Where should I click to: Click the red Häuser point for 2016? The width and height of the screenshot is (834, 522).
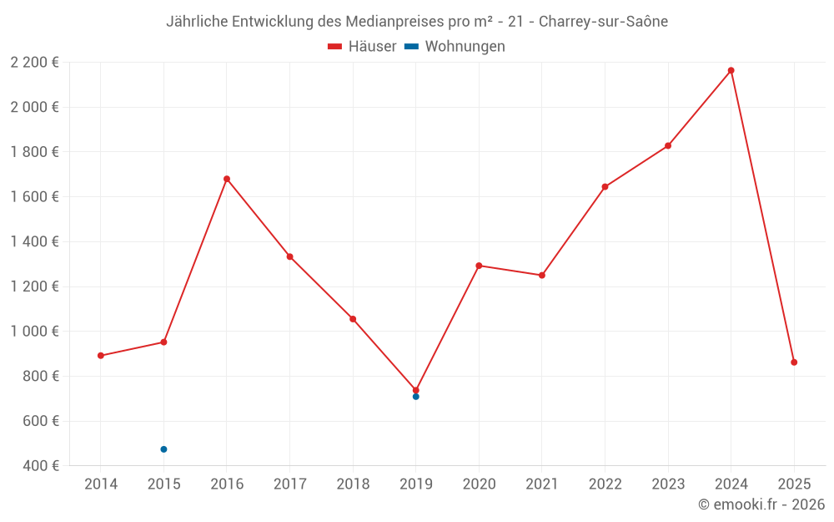pos(227,179)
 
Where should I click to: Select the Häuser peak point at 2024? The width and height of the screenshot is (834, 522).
pos(731,70)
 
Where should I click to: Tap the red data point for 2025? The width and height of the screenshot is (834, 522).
pos(794,362)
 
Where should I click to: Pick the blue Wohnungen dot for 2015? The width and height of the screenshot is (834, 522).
pos(163,449)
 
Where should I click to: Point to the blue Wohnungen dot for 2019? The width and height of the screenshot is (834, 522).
pos(415,397)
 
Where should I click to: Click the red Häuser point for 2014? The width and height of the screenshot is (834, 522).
pos(101,356)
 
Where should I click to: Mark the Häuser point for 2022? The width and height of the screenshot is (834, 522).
pos(605,187)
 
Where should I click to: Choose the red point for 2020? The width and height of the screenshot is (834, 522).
pos(479,266)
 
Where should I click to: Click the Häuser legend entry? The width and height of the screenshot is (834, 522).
pos(362,47)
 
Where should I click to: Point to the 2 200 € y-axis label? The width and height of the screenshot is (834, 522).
pos(34,63)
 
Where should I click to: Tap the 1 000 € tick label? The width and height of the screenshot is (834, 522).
pos(34,332)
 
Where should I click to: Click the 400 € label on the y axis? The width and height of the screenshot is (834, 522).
pos(39,466)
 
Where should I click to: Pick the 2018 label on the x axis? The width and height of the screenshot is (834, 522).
pos(353,484)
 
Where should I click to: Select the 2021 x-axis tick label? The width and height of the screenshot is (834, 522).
pos(542,484)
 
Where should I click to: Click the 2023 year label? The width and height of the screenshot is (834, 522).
pos(668,484)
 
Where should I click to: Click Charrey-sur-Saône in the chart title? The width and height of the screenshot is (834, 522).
pos(603,22)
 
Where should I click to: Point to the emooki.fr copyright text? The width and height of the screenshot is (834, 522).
pos(761,504)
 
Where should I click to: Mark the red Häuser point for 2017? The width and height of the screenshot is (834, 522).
pos(289,256)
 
